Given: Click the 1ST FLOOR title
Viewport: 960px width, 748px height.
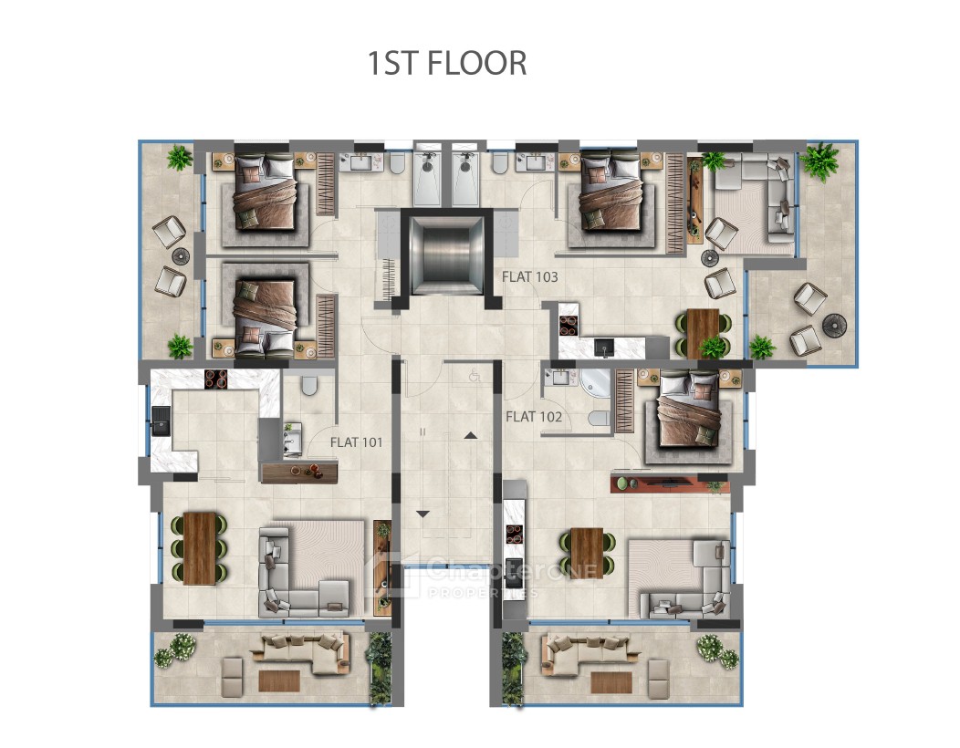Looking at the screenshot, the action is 447,63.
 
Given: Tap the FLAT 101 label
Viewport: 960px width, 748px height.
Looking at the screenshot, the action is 356,442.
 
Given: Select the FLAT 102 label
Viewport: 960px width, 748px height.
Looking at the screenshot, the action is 534,417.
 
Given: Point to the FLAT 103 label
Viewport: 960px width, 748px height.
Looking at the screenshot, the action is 529,276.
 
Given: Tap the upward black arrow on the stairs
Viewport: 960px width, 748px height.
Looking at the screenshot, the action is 470,435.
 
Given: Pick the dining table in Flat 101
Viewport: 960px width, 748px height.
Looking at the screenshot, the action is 200,548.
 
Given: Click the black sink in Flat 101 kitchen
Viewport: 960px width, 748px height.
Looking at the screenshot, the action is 162,421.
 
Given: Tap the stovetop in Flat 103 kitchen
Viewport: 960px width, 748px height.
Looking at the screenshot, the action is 569,325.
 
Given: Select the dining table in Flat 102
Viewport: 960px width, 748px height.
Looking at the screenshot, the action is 587,552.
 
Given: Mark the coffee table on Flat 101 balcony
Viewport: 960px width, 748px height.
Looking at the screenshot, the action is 279,680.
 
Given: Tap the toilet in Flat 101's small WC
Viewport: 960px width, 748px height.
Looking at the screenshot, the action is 309,385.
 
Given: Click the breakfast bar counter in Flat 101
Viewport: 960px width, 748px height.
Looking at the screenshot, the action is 299,472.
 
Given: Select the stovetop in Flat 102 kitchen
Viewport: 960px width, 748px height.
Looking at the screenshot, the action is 515,534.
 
